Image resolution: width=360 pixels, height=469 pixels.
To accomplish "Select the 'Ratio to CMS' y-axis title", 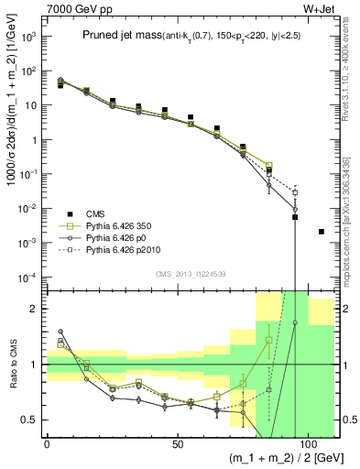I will tap(11, 364).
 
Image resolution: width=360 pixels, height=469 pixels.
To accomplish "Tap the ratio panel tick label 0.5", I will tap(31, 420).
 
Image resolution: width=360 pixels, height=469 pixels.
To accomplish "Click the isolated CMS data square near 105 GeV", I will tap(321, 232).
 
